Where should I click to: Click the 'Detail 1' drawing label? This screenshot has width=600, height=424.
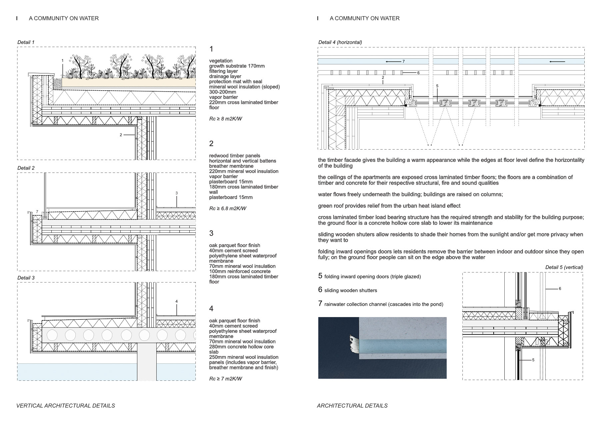[x=26, y=42]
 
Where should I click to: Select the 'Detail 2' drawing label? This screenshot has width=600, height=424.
[x=26, y=168]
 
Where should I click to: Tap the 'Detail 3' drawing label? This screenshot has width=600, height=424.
[x=26, y=278]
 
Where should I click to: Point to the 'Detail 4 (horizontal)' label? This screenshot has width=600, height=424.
[x=340, y=42]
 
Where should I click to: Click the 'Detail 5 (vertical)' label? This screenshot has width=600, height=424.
[x=564, y=267]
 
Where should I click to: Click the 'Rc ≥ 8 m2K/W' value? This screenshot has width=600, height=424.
[x=226, y=119]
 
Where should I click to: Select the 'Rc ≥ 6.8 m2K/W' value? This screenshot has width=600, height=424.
[x=228, y=209]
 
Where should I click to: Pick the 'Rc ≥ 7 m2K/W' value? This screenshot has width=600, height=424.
[x=226, y=379]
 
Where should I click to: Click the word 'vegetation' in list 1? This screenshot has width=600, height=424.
[x=221, y=61]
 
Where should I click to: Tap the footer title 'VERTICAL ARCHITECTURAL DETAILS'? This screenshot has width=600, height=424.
[x=66, y=406]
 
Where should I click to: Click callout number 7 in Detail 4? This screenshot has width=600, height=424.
[x=403, y=62]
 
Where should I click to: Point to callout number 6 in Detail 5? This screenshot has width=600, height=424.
[x=560, y=289]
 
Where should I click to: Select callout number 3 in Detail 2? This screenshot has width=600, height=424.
[x=177, y=193]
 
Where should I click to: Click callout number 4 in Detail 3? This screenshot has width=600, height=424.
[x=177, y=301]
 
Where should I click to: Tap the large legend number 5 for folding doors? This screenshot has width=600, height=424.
[x=320, y=276]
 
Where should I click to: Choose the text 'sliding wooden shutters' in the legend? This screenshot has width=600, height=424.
[x=351, y=290]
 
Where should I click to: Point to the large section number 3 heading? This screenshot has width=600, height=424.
[x=211, y=233]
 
